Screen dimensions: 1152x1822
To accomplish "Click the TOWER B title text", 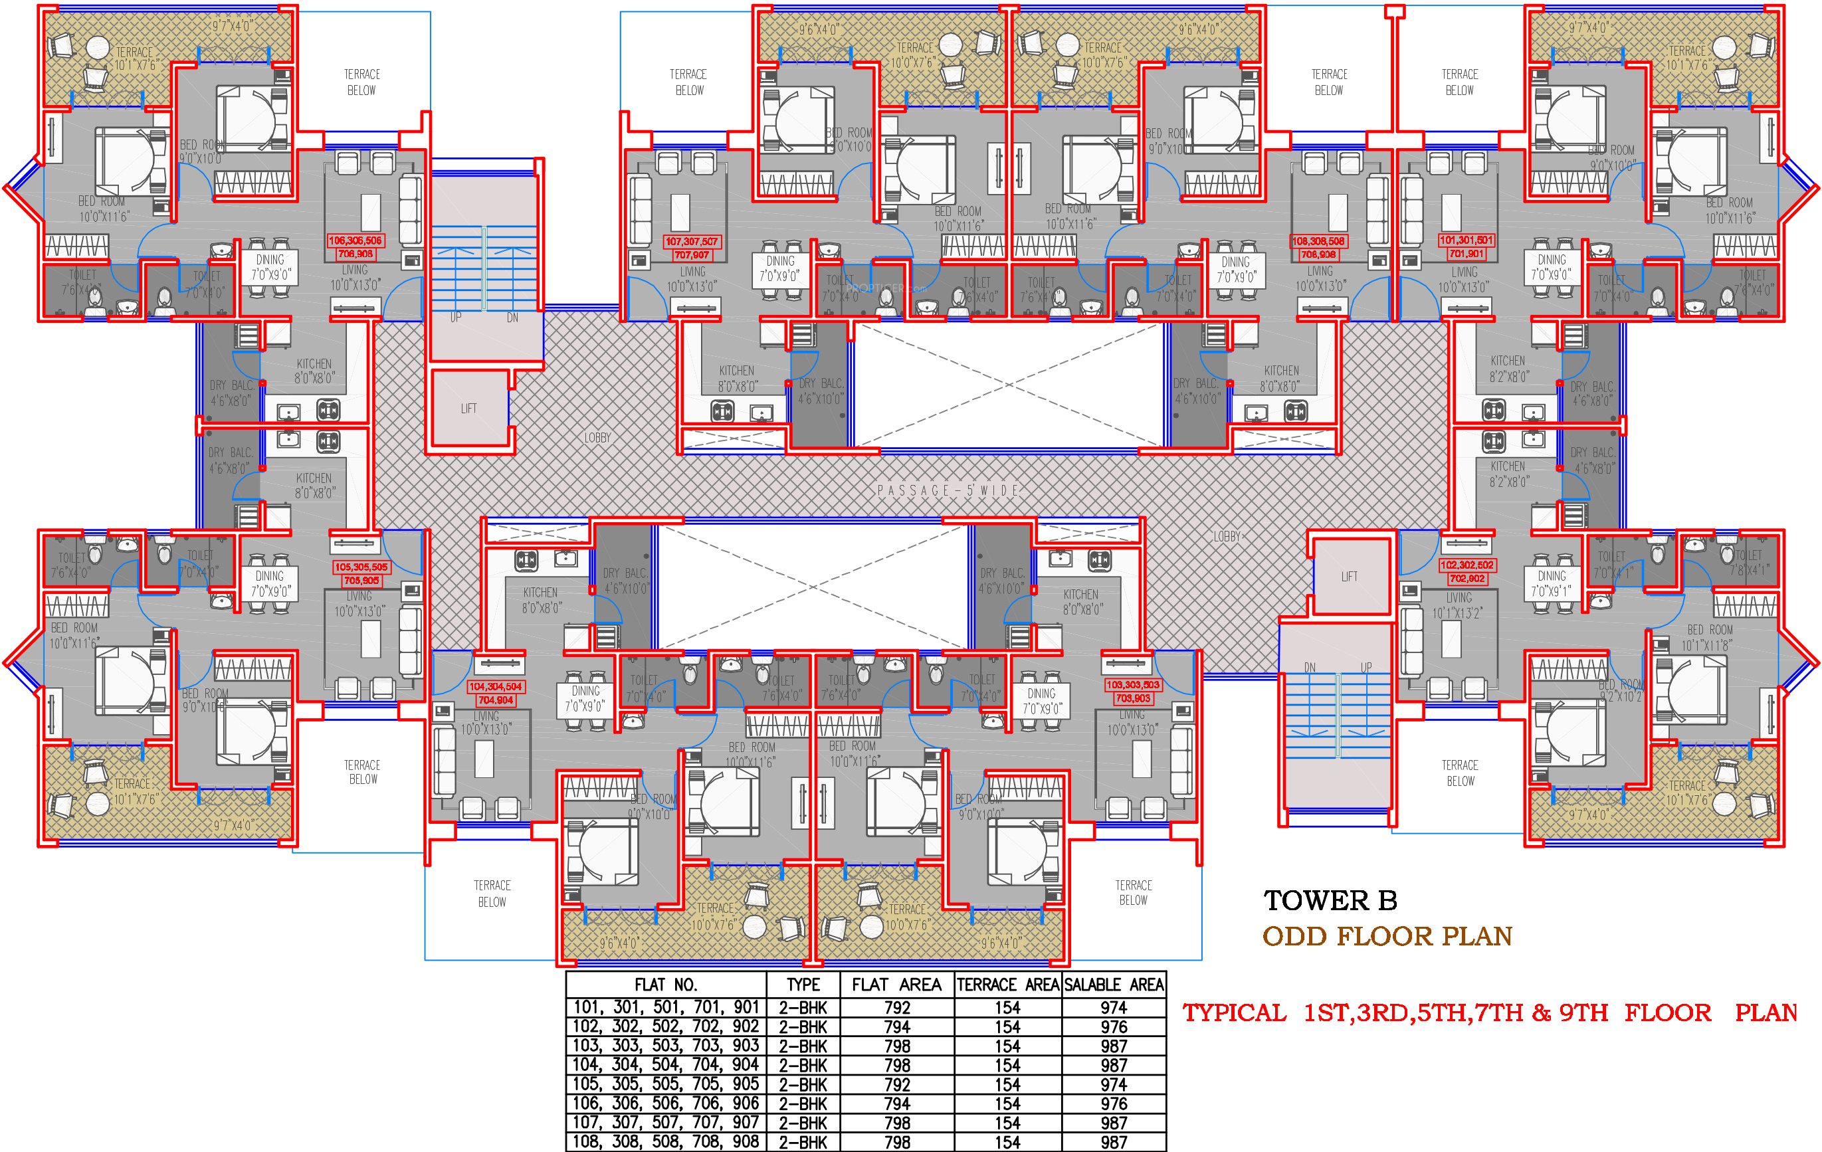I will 1330,900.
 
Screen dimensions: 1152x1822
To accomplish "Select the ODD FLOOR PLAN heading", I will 1387,937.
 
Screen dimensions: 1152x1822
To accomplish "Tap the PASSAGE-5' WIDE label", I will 948,490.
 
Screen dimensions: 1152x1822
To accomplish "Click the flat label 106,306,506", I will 355,240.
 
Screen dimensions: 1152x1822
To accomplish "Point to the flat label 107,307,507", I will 692,241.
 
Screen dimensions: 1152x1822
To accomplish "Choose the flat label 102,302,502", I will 1467,565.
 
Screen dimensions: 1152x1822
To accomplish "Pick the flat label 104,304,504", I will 496,687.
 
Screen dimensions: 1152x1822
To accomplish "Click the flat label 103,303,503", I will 1132,684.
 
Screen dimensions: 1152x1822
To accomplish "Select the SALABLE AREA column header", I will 1114,985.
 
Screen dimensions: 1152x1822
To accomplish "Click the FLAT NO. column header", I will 666,985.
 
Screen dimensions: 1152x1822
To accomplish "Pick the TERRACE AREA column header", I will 1008,985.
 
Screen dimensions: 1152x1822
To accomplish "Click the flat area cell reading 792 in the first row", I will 898,1008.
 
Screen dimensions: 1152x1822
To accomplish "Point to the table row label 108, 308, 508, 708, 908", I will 666,1141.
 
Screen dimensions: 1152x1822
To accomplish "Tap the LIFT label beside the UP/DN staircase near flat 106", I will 469,409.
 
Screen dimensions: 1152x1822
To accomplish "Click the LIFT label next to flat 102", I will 1349,577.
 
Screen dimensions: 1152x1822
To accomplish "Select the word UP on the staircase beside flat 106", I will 456,318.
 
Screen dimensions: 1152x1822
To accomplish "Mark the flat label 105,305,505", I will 361,567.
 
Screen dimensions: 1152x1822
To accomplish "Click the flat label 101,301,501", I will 1467,240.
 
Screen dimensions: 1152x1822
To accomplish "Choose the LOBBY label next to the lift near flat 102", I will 1227,536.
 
